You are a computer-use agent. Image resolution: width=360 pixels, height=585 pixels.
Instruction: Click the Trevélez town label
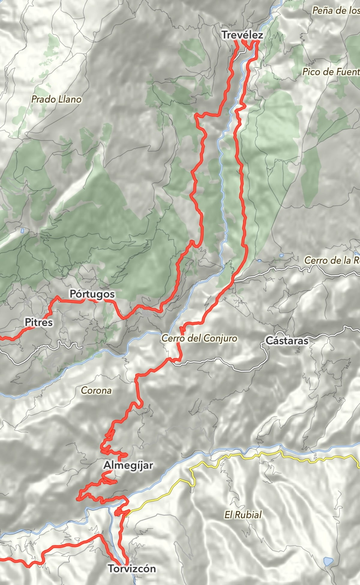point(242,35)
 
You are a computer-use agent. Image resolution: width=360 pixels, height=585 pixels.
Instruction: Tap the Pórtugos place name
point(92,294)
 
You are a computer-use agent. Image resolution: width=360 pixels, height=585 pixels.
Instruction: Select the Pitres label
point(38,322)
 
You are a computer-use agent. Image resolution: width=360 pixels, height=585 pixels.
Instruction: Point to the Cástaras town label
point(287,340)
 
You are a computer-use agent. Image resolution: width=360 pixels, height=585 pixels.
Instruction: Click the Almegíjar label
point(128,465)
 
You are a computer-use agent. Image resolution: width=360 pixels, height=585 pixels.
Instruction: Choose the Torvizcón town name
point(132,568)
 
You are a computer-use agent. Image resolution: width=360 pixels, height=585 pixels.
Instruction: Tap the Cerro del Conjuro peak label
point(199,338)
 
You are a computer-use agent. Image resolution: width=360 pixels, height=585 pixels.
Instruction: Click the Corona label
point(96,390)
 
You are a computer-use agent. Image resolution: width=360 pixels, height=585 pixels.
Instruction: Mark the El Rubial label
point(243,515)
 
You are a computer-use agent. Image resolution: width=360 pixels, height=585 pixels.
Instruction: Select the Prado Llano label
point(56,99)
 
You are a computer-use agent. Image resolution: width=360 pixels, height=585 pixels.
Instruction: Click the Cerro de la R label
point(332,260)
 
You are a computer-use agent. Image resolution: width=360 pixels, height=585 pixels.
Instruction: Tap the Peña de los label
point(336,10)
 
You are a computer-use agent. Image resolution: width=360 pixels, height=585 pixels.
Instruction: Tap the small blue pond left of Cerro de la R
point(281,255)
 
